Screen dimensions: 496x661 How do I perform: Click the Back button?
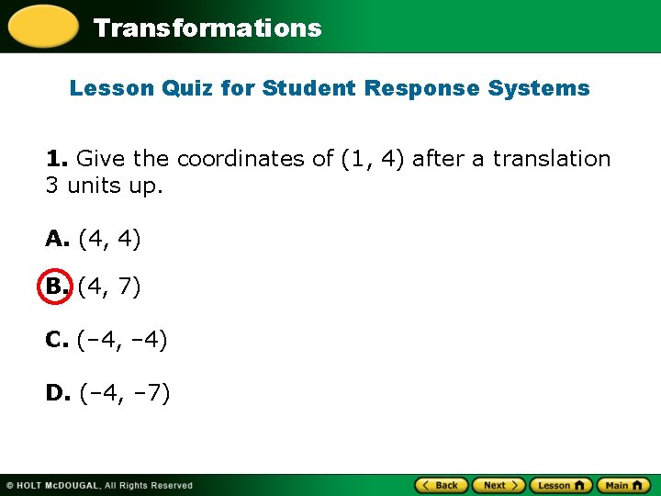click(442, 485)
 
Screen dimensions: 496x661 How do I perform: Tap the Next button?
click(499, 485)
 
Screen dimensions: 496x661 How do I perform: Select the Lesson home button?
click(561, 485)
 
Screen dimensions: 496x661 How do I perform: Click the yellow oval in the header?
click(42, 26)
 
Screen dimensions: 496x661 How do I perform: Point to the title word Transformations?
click(207, 28)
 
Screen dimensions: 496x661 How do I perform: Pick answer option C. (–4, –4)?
click(106, 340)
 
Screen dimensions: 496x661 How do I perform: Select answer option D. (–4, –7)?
click(107, 393)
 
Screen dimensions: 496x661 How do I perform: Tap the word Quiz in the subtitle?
click(188, 88)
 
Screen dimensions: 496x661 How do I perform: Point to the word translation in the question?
click(551, 159)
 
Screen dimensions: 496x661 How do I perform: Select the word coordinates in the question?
click(241, 159)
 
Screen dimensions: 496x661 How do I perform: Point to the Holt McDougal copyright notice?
click(99, 485)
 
